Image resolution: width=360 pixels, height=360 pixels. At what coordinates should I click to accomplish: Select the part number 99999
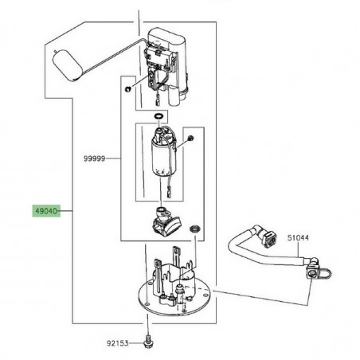pyautogui.click(x=93, y=158)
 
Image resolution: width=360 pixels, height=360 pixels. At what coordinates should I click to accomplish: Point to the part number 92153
pyautogui.click(x=119, y=345)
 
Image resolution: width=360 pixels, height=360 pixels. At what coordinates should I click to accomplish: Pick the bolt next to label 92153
pyautogui.click(x=149, y=344)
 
